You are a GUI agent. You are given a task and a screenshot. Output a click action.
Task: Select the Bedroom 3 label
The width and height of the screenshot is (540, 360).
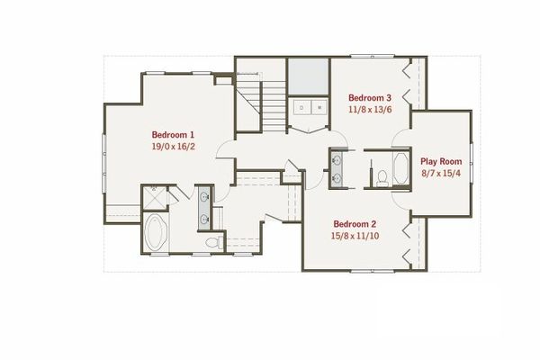click(370, 97)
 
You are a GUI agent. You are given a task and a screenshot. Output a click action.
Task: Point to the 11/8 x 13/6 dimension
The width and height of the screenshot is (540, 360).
click(370, 109)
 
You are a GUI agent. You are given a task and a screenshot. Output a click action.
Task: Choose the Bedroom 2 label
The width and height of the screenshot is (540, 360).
click(354, 224)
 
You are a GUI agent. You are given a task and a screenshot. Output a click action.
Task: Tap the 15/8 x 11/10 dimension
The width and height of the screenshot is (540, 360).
click(354, 236)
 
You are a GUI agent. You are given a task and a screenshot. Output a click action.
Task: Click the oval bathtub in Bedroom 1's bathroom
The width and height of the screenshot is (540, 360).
click(157, 233)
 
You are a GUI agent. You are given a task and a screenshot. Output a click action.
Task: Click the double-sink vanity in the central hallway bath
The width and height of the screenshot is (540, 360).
click(337, 168)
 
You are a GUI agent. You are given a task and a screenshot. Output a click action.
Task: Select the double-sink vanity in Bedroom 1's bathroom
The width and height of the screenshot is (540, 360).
click(204, 206)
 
